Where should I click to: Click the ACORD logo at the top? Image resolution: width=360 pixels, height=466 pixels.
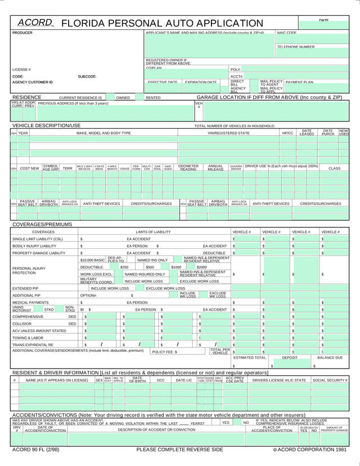35,23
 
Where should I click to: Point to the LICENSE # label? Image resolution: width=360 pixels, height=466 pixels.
22,69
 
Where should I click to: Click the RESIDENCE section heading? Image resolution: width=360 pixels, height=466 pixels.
26,97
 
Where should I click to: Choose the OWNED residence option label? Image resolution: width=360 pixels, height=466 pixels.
123,98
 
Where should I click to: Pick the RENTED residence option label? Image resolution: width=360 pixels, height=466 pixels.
153,98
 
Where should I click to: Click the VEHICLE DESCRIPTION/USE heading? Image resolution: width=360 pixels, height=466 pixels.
47,126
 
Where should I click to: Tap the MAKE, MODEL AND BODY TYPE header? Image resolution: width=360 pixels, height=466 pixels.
103,133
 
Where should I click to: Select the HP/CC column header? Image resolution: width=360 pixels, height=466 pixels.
287,133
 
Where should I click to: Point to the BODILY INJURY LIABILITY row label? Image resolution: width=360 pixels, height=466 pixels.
34,246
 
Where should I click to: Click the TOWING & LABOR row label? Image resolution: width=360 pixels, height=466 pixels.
28,338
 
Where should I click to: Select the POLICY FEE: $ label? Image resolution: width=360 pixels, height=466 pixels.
164,352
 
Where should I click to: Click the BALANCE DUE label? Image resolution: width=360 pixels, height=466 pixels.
330,358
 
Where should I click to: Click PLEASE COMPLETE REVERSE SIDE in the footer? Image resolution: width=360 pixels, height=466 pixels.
179,450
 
